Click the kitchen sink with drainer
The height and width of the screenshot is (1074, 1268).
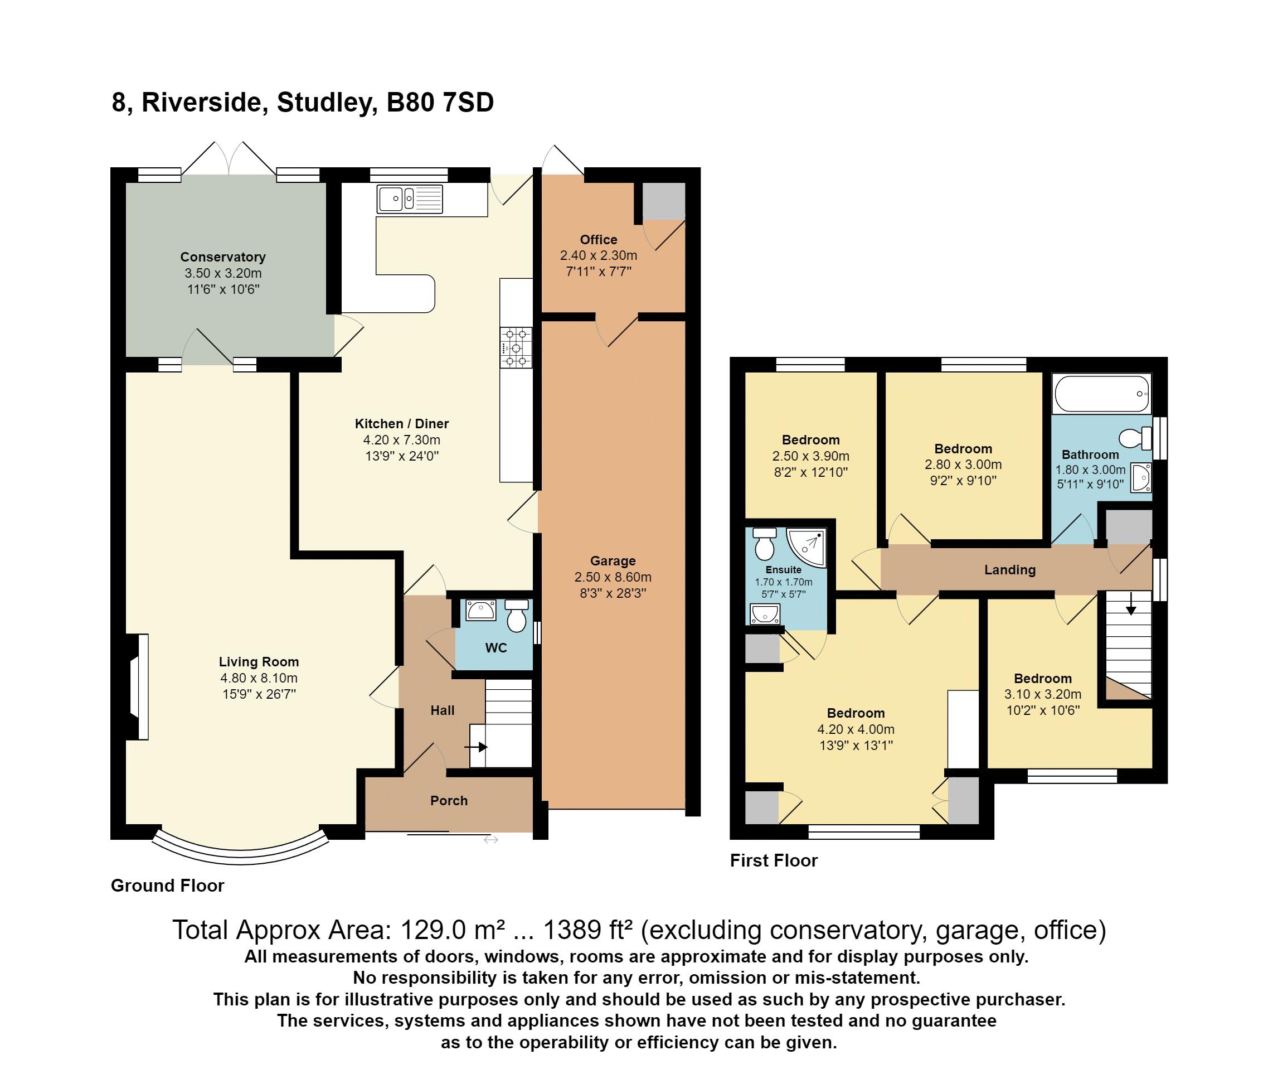[410, 199]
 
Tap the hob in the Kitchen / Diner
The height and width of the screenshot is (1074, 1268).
[516, 347]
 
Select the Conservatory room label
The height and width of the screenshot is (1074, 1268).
[223, 257]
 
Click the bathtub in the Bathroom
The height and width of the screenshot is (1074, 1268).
[1102, 394]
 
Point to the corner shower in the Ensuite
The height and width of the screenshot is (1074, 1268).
[807, 548]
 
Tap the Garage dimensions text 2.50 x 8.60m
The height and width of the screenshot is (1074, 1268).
[613, 577]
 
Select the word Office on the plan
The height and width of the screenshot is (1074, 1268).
[599, 240]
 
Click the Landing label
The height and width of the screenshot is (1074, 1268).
[1010, 570]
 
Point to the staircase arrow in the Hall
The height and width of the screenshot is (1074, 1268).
[476, 747]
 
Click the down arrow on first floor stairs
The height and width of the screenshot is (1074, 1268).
[1130, 603]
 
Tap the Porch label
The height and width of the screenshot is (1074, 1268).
[449, 801]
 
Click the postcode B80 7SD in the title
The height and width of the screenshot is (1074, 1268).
[440, 102]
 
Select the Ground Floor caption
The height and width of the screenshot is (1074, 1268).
[167, 886]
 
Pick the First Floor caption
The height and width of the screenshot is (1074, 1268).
[774, 860]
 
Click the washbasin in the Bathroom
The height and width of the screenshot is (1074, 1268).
[1141, 477]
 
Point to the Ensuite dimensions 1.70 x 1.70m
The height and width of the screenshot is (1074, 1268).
[784, 582]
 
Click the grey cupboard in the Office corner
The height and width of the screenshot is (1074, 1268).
[664, 201]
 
